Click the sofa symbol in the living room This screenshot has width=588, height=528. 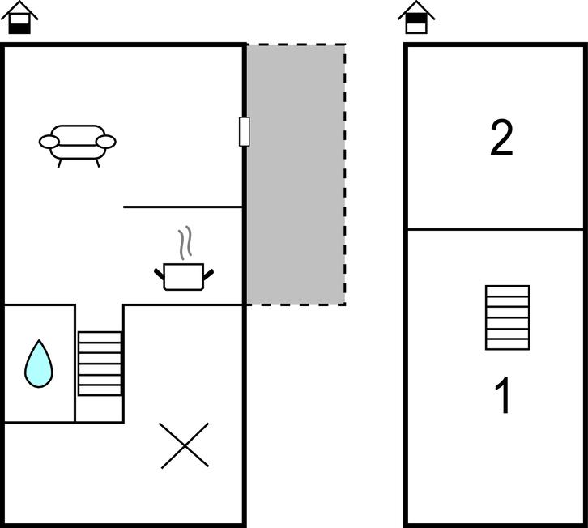78,143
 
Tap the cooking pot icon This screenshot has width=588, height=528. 184,276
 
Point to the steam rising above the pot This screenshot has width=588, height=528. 185,241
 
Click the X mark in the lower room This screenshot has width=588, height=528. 185,445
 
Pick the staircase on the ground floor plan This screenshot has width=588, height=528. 100,364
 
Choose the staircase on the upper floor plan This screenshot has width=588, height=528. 508,317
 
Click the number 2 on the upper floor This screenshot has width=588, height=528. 502,138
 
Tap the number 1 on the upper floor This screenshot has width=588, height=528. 504,396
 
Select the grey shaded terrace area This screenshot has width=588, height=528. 296,174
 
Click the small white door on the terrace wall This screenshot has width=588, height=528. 244,131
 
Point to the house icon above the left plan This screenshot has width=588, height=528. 20,17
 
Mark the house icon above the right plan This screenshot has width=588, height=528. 416,17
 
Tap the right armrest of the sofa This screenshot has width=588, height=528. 106,143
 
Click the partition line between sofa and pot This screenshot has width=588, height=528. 183,207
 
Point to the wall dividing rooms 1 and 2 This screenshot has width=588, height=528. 494,229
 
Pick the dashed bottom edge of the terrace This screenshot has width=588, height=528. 296,304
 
